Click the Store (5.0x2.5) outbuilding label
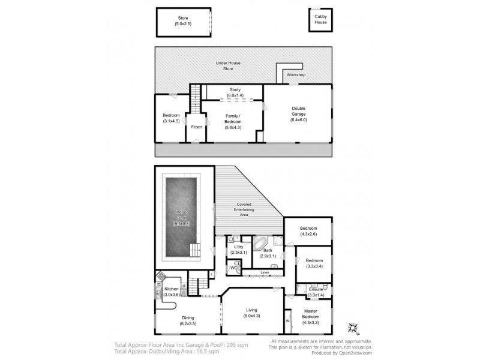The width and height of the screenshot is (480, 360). (x=182, y=21)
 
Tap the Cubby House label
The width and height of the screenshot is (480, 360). (x=321, y=20)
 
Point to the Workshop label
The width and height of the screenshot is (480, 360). (x=295, y=75)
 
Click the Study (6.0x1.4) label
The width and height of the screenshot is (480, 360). (x=235, y=92)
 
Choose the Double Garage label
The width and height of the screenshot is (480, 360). (x=298, y=114)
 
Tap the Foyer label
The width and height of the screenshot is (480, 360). (x=196, y=127)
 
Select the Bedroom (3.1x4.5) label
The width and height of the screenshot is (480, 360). (x=171, y=118)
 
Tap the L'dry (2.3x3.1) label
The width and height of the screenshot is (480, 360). (x=235, y=250)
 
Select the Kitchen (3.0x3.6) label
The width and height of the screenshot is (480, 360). (x=170, y=292)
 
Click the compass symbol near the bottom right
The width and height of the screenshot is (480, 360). (x=353, y=327)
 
